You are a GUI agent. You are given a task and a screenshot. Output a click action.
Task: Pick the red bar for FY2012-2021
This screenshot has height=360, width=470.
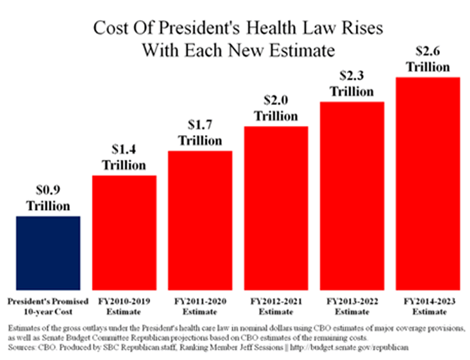tap(275, 208)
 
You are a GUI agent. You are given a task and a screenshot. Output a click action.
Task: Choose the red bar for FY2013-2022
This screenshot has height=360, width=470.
tap(351, 196)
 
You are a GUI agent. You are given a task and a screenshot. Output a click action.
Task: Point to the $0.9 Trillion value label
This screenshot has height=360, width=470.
tap(48, 198)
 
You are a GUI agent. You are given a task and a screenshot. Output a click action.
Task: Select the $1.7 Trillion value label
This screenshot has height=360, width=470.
tap(200, 133)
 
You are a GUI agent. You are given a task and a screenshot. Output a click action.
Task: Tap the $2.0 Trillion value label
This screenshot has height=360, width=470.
tap(275, 108)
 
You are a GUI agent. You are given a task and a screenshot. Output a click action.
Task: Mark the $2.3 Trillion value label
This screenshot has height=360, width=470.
tap(351, 84)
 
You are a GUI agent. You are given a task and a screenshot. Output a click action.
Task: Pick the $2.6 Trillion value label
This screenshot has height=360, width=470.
tap(427, 59)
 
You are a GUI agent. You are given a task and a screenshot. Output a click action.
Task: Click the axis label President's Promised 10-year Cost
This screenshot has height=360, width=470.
tap(48, 307)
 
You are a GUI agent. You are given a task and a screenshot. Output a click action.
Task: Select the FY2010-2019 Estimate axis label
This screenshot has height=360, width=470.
tap(124, 307)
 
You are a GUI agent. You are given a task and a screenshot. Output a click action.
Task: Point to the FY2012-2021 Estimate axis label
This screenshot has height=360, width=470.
tap(275, 307)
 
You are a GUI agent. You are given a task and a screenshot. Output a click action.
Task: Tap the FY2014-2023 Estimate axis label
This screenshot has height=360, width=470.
tap(427, 307)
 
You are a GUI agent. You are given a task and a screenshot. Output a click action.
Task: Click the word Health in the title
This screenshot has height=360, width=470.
tap(250, 29)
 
